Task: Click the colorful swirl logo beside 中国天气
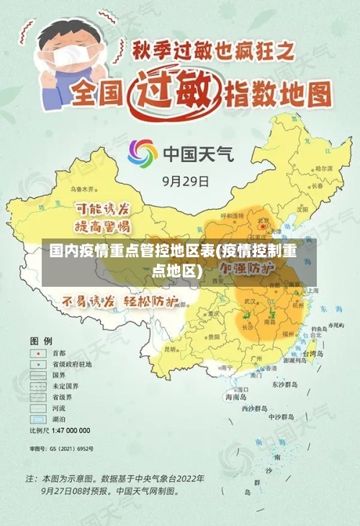(142, 153)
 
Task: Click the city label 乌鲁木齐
(82, 189)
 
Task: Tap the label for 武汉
(251, 300)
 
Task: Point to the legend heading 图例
(41, 339)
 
